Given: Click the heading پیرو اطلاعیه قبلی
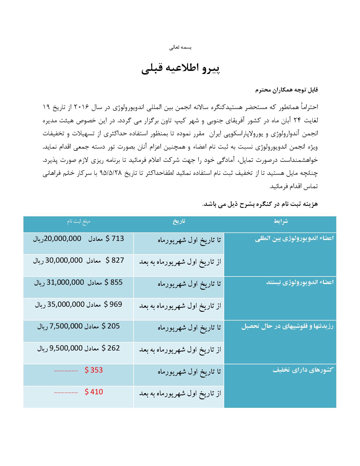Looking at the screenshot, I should pos(180,69).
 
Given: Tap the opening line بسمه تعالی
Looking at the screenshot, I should pos(180,48).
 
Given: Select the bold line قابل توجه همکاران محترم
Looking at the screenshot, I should pos(287,90).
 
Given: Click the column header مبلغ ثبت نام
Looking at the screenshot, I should pos(78,221).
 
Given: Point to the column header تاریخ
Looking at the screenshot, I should pos(179,221).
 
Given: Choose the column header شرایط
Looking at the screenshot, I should pos(281,221).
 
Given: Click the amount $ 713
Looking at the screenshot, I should pos(115,239).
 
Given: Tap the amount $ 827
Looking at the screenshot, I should pos(115,260).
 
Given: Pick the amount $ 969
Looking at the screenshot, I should pos(113,304).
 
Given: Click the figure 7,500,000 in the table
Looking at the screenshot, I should pos(66,326).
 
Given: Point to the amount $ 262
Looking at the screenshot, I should pos(111,348).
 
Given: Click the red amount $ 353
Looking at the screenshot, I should pos(94,370).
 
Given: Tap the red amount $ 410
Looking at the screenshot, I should pos(94,392).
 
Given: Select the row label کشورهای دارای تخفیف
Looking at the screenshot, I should pos(303,370).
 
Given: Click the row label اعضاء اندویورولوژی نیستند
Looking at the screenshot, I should pos(300,282).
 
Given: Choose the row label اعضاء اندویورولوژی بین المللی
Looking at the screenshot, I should pos(294,238).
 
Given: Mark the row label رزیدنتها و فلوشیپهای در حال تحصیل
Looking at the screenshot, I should pos(287,326).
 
